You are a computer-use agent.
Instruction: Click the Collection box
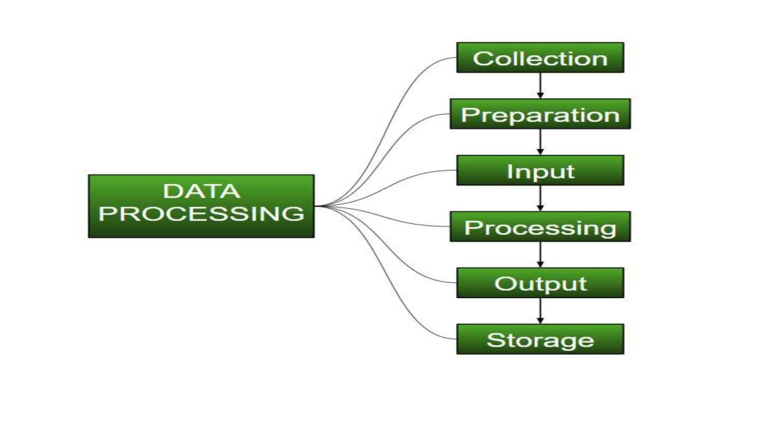pyautogui.click(x=540, y=58)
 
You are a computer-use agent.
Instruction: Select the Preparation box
pyautogui.click(x=540, y=114)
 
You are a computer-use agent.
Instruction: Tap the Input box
pyautogui.click(x=540, y=170)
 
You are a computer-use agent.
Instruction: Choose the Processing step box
pyautogui.click(x=540, y=227)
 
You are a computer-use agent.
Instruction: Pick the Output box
pyautogui.click(x=540, y=283)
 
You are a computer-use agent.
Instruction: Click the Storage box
pyautogui.click(x=540, y=339)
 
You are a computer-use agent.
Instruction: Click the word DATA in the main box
pyautogui.click(x=201, y=191)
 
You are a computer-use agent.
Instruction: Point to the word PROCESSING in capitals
pyautogui.click(x=201, y=214)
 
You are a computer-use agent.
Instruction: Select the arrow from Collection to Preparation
pyautogui.click(x=540, y=86)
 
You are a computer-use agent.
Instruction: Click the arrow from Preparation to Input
pyautogui.click(x=540, y=142)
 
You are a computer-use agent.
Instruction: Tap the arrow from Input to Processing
pyautogui.click(x=540, y=198)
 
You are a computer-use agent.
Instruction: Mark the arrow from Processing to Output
pyautogui.click(x=540, y=255)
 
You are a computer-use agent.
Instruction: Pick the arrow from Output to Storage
pyautogui.click(x=540, y=311)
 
